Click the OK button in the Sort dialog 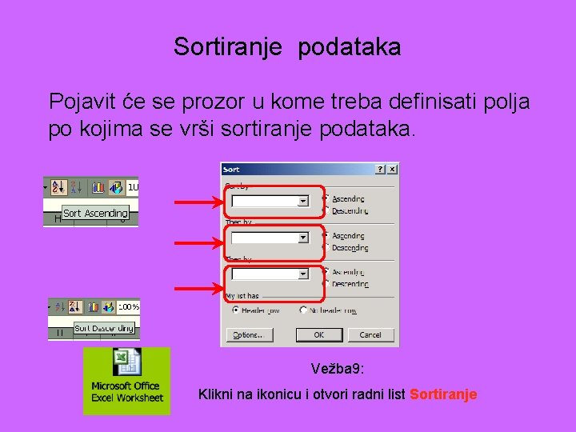(318, 335)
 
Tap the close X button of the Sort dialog (392, 170)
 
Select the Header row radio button (236, 310)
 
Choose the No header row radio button (304, 310)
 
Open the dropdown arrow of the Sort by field (303, 201)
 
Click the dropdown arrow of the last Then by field (303, 274)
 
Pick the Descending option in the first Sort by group (325, 211)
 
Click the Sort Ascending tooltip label (94, 214)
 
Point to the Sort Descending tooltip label (104, 328)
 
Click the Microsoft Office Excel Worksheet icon (126, 381)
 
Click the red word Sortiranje (443, 394)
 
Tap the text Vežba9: (336, 370)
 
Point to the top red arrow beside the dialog (198, 202)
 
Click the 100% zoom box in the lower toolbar (128, 306)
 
